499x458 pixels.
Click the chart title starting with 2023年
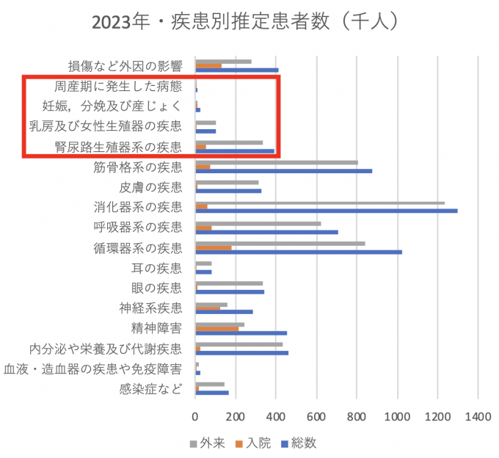pyautogui.click(x=246, y=22)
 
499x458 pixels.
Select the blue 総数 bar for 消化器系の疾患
pyautogui.click(x=327, y=211)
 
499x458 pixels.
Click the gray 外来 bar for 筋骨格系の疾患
pyautogui.click(x=277, y=162)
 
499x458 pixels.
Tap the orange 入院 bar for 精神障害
pyautogui.click(x=217, y=328)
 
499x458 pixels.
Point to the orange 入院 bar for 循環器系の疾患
pyautogui.click(x=214, y=247)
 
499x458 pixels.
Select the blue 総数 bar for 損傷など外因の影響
pyautogui.click(x=237, y=70)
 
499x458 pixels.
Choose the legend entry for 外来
pyautogui.click(x=208, y=443)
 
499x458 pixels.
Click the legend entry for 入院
pyautogui.click(x=252, y=443)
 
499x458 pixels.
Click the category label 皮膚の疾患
pyautogui.click(x=150, y=187)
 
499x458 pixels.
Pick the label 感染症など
pyautogui.click(x=150, y=389)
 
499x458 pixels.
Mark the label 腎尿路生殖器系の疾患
pyautogui.click(x=118, y=147)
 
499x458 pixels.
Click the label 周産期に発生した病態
pyautogui.click(x=118, y=87)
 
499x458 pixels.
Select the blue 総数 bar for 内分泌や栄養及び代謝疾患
pyautogui.click(x=242, y=353)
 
